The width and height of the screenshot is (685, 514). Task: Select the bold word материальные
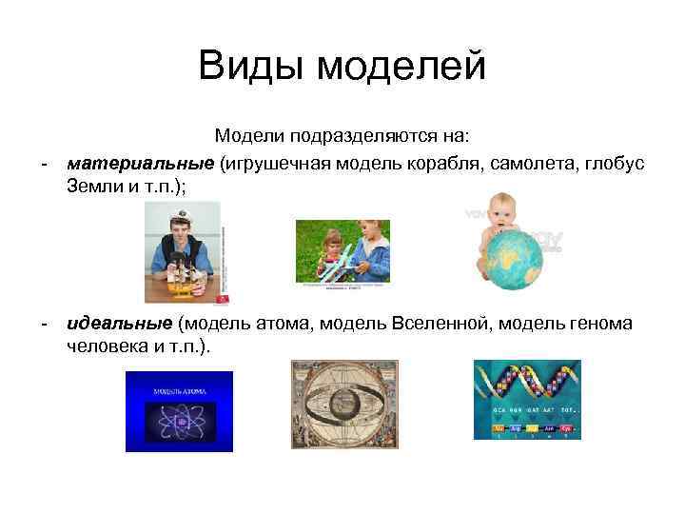click(x=140, y=164)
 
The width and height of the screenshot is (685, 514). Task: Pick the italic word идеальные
click(x=119, y=325)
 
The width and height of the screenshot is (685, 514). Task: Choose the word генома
click(x=598, y=325)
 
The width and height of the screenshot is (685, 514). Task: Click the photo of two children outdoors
click(x=342, y=252)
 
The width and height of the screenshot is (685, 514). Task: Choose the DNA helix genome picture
click(x=527, y=400)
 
